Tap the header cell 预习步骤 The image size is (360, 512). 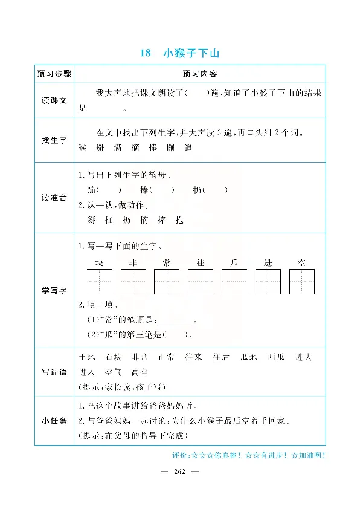[54, 74]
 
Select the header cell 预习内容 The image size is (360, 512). [200, 74]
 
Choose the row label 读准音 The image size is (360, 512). [54, 198]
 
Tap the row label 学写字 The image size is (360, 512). [54, 290]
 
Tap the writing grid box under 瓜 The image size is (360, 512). [234, 282]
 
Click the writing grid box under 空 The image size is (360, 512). [301, 282]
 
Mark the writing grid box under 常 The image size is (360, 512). [167, 282]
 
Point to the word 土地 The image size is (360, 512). [87, 357]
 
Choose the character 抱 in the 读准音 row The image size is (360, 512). [177, 221]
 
